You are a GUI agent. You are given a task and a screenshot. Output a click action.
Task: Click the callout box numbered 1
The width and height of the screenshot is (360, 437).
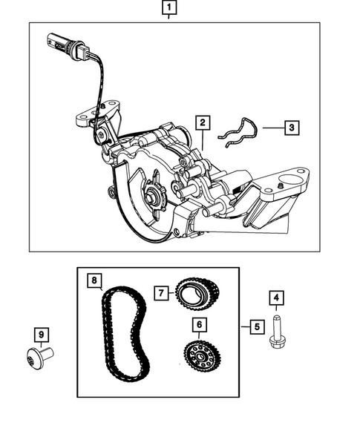pyautogui.click(x=170, y=9)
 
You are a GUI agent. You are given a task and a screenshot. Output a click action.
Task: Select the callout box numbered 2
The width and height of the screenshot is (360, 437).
pyautogui.click(x=202, y=122)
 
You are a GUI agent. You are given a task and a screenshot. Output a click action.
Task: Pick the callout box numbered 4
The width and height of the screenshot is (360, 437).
pyautogui.click(x=276, y=300)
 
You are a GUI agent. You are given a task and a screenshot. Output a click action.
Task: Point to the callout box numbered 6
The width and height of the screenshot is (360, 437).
pyautogui.click(x=198, y=324)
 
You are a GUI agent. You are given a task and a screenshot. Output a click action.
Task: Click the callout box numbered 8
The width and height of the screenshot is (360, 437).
pyautogui.click(x=94, y=280)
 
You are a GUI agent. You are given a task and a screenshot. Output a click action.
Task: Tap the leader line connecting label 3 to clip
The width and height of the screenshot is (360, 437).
pyautogui.click(x=270, y=128)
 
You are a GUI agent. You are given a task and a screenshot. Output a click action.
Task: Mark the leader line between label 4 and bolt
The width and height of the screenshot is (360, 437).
pyautogui.click(x=276, y=310)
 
